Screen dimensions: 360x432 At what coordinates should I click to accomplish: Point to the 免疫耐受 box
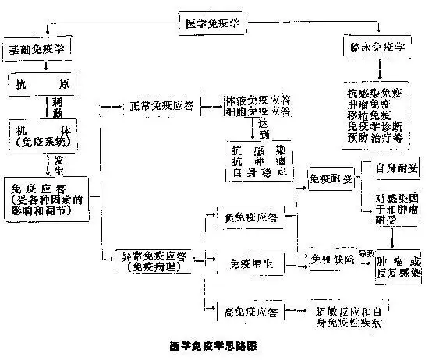(x=328, y=178)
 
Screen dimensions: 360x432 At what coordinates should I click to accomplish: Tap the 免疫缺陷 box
(x=331, y=256)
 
